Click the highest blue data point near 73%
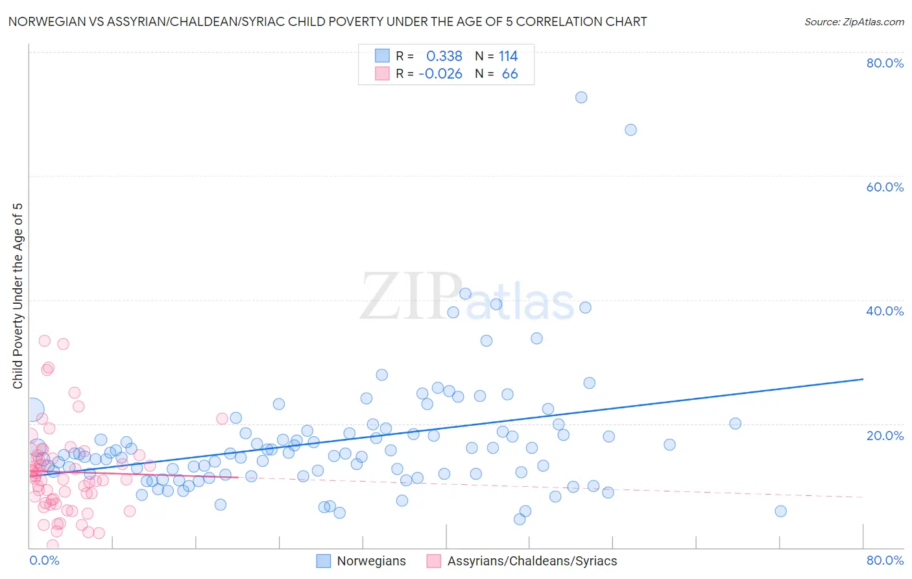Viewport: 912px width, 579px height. pyautogui.click(x=581, y=97)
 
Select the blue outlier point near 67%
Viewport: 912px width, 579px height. pyautogui.click(x=630, y=130)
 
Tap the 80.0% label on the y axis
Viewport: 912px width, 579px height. pyautogui.click(x=885, y=63)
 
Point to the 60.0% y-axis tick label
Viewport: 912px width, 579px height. pyautogui.click(x=885, y=187)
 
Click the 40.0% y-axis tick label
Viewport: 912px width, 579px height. pyautogui.click(x=885, y=311)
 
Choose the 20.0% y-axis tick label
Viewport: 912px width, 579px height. pyautogui.click(x=885, y=436)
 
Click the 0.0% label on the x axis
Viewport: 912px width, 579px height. pyautogui.click(x=44, y=560)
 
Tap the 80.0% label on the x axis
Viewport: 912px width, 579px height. pyautogui.click(x=885, y=560)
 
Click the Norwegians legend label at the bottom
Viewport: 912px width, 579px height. pyautogui.click(x=371, y=561)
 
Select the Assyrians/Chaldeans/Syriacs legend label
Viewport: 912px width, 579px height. pyautogui.click(x=532, y=561)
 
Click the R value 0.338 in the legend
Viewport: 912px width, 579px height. pyautogui.click(x=444, y=56)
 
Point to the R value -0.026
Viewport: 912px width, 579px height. pyautogui.click(x=440, y=74)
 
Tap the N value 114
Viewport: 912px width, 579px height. pyautogui.click(x=508, y=56)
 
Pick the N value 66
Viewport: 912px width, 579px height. pyautogui.click(x=510, y=74)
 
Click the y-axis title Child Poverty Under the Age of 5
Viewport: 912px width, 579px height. pyautogui.click(x=18, y=296)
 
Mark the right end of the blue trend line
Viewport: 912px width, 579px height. pyautogui.click(x=863, y=378)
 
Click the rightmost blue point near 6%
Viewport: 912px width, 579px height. pyautogui.click(x=780, y=511)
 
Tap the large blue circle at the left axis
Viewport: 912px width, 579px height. pyautogui.click(x=32, y=410)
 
